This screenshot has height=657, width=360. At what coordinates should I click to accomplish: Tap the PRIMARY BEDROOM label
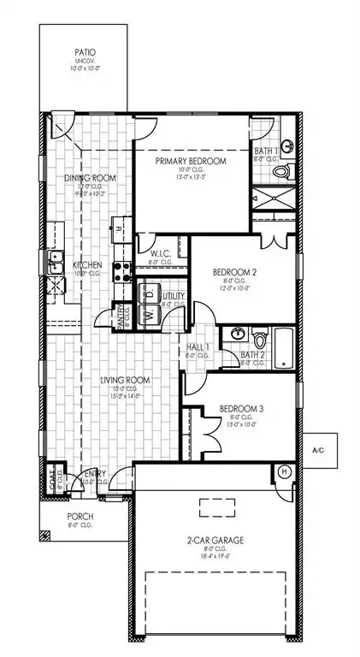[190, 160]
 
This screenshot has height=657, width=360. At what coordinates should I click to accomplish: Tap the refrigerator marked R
[117, 228]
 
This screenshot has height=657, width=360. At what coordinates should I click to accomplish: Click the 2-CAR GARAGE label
[210, 542]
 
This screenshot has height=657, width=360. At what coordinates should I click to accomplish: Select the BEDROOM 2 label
[236, 273]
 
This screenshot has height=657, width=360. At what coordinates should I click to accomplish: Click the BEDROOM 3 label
[241, 409]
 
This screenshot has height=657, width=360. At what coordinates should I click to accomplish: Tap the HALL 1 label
[198, 347]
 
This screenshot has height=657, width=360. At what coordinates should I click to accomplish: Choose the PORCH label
[83, 517]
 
